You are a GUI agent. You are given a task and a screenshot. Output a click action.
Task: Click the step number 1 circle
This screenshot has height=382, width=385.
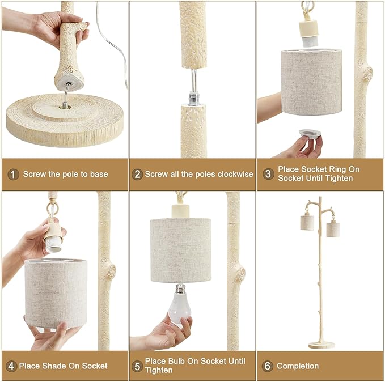pyautogui.click(x=13, y=175)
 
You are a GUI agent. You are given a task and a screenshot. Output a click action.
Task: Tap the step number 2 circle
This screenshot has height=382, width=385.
pyautogui.click(x=137, y=175)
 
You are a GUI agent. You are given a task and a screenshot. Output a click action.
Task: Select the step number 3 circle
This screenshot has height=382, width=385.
pyautogui.click(x=268, y=174)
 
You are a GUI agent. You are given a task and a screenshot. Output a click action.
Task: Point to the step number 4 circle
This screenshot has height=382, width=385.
pyautogui.click(x=12, y=366)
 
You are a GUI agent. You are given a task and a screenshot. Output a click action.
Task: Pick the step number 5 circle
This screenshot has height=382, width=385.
pyautogui.click(x=137, y=366)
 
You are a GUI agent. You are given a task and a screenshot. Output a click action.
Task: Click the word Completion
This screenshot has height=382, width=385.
pyautogui.click(x=298, y=366)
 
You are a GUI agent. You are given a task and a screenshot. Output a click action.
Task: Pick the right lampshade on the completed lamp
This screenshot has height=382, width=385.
pyautogui.click(x=333, y=229)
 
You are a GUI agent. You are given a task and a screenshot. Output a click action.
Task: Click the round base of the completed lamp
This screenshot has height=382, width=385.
pyautogui.click(x=321, y=345)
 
